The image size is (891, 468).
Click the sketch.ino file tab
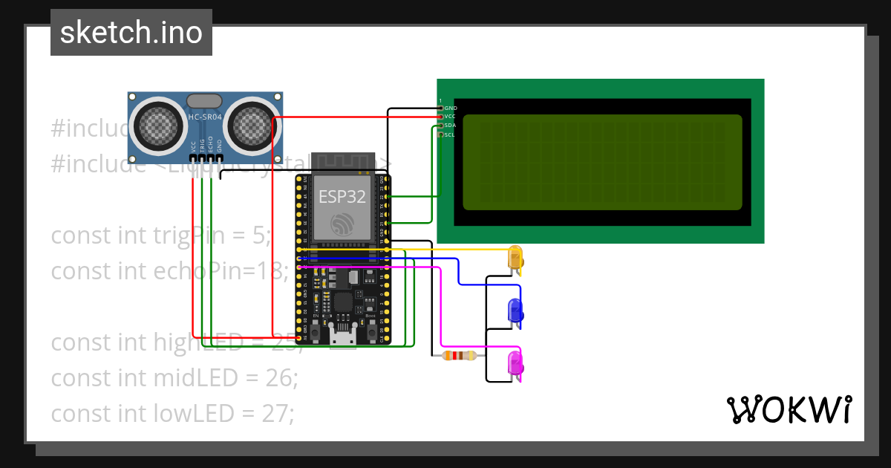coord(131,33)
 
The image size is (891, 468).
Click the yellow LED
coord(515,258)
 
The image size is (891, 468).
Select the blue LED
coord(515,310)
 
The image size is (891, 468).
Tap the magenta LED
coord(515,364)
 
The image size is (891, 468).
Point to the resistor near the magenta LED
coord(459,356)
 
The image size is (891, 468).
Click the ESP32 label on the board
coord(342,196)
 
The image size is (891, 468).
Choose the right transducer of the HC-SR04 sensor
coord(250,124)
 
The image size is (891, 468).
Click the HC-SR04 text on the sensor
coord(205,117)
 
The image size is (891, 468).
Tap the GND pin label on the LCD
coord(450,108)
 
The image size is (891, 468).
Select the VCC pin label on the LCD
coord(450,117)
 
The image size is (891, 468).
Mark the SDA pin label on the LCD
coord(450,126)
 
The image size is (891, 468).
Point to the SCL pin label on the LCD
coord(450,134)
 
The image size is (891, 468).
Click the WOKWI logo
coord(789,410)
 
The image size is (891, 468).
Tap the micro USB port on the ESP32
coord(342,339)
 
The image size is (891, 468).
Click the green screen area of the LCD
coord(601,162)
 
